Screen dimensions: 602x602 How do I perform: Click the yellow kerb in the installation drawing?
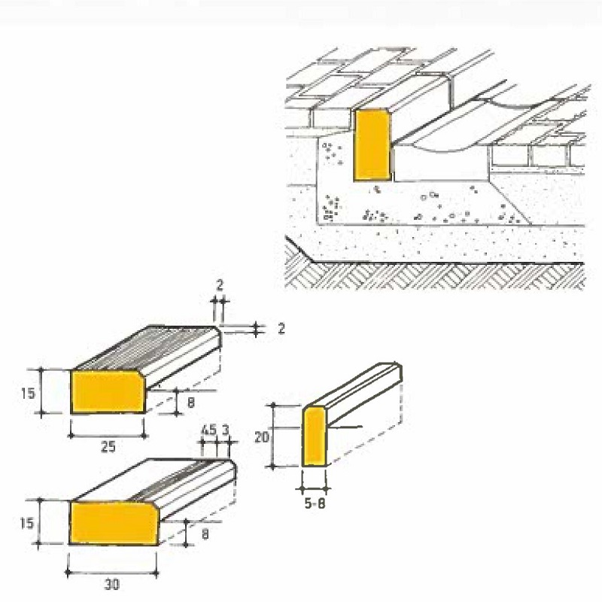tap(372, 144)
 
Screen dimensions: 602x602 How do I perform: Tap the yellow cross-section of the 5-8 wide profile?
tap(315, 436)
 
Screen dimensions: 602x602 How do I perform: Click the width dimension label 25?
tap(108, 447)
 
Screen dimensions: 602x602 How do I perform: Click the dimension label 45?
tap(208, 430)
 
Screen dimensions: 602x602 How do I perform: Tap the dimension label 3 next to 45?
tap(225, 430)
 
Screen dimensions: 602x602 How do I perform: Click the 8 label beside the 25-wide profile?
tap(191, 403)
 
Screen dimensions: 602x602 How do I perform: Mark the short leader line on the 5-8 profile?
tap(347, 427)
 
